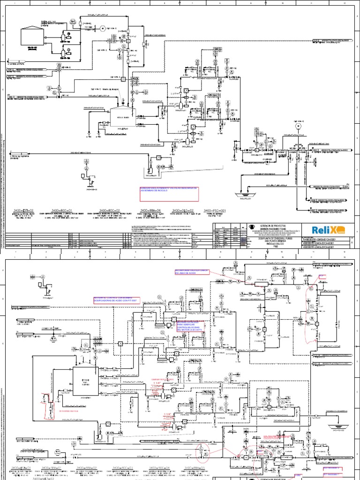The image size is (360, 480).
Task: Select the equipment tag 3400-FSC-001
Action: [x=215, y=211]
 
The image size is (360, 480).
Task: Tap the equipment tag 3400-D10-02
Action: [x=183, y=211]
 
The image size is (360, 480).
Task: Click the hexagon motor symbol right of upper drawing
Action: [x=297, y=126]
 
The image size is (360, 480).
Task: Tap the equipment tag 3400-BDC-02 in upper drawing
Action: [x=110, y=211]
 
